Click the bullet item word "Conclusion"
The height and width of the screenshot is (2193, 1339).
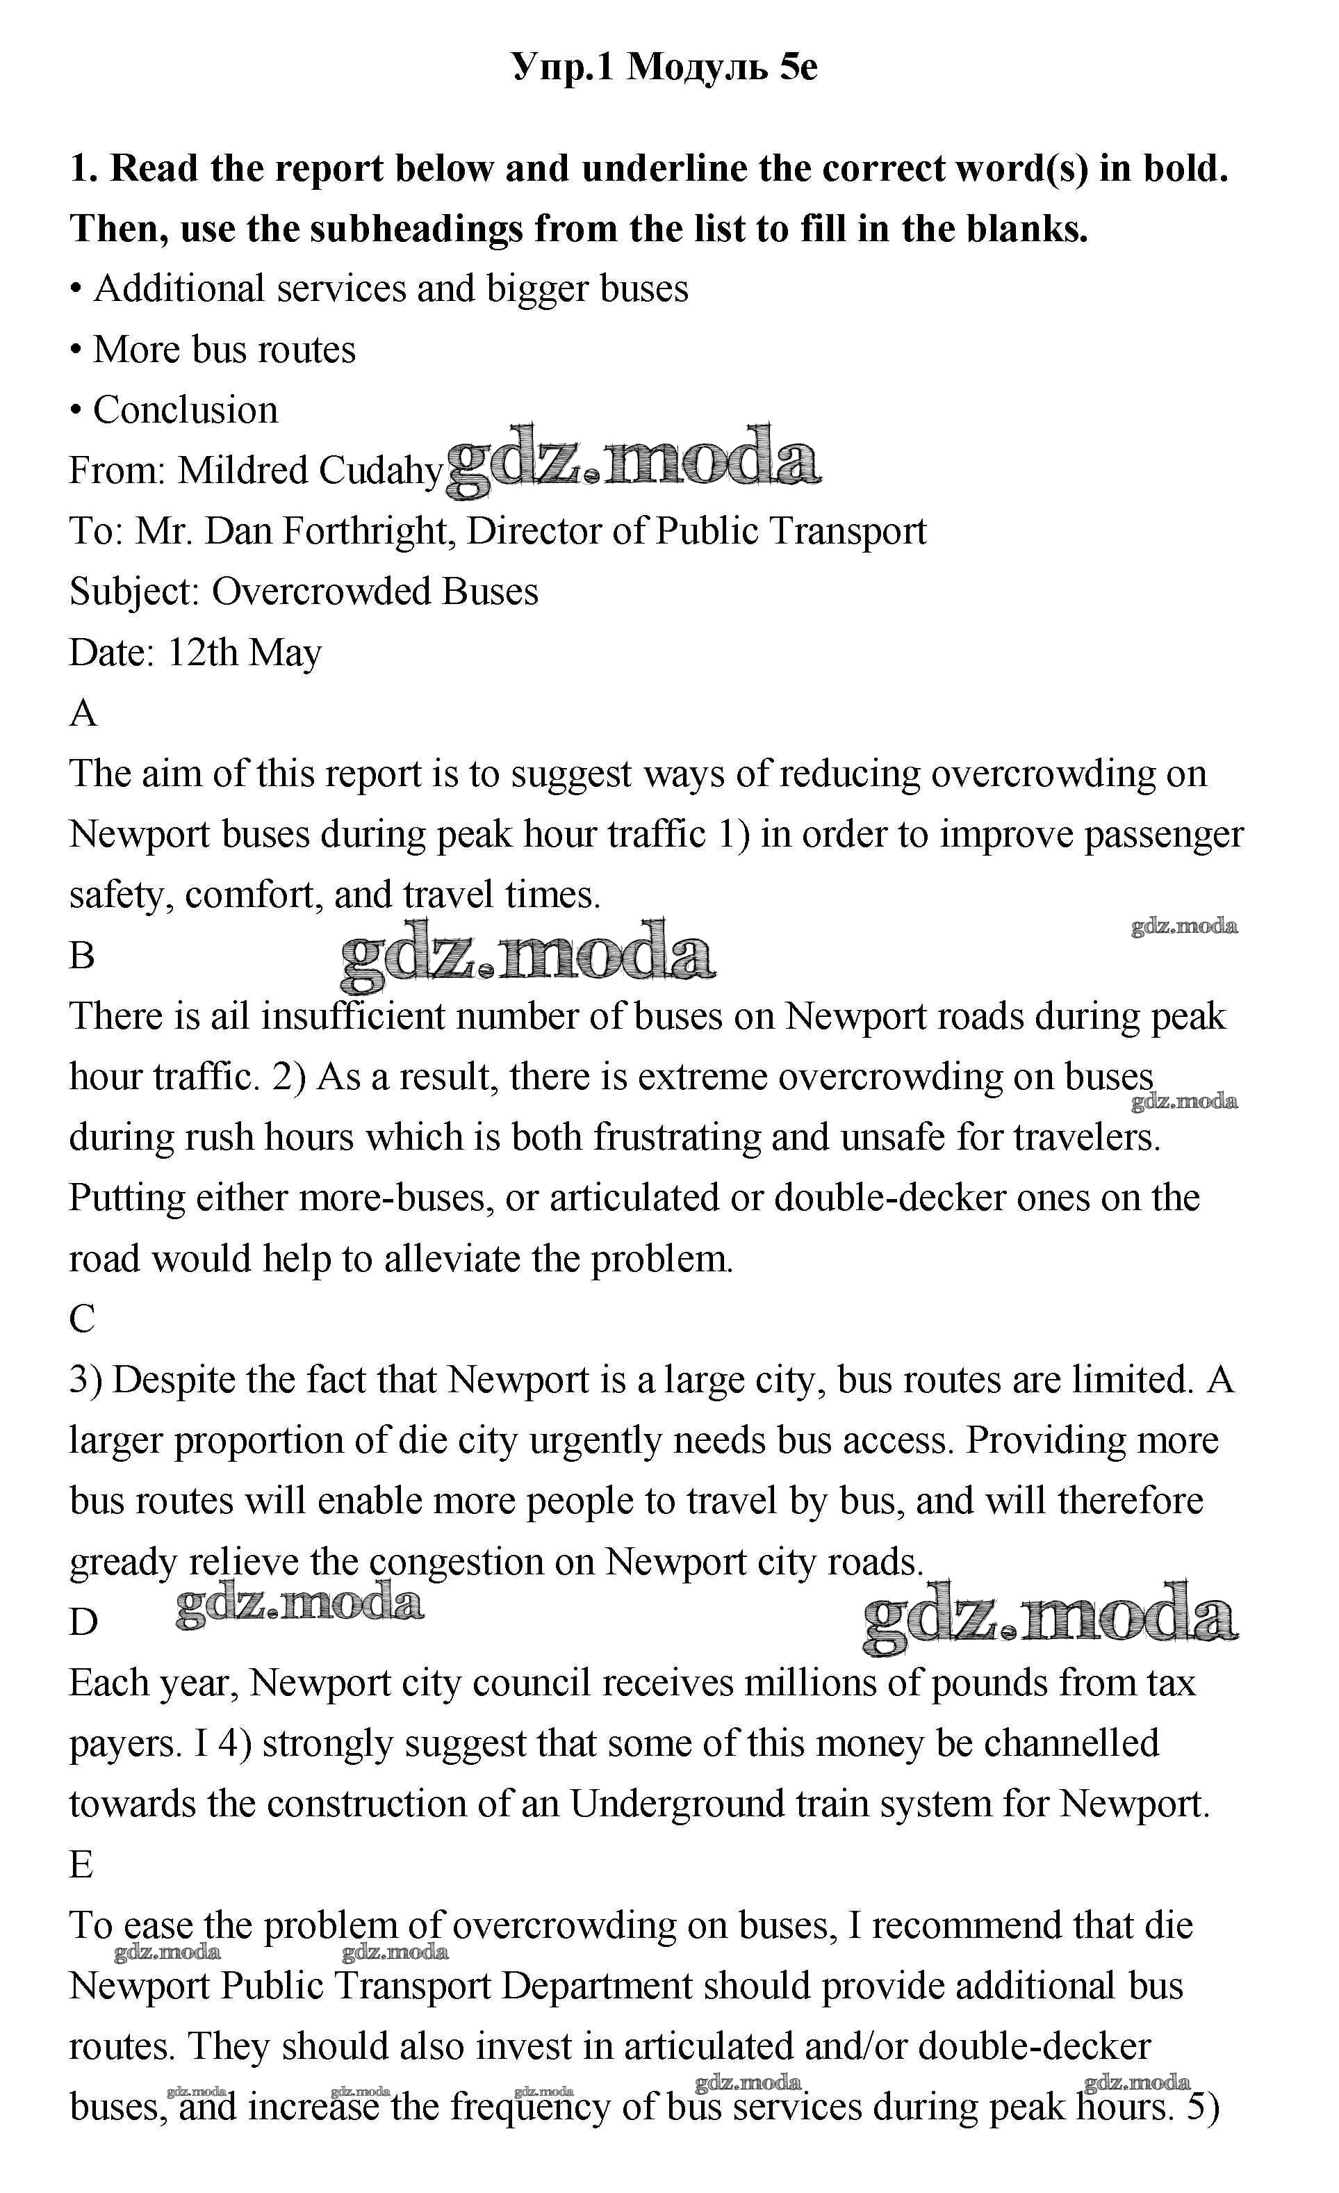point(185,410)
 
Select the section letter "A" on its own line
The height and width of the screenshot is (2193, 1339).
point(83,714)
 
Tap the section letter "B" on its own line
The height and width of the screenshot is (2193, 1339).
point(82,956)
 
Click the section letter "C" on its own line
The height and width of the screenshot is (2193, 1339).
point(82,1319)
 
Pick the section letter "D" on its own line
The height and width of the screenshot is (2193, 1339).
point(83,1622)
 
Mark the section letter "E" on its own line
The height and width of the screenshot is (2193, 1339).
point(81,1865)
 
